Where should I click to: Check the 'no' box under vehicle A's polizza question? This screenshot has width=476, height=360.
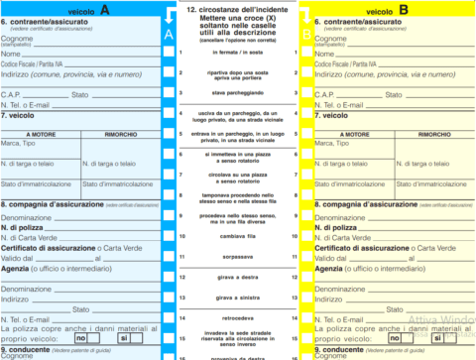click(95, 339)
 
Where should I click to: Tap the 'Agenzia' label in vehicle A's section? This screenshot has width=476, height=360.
click(22, 270)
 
